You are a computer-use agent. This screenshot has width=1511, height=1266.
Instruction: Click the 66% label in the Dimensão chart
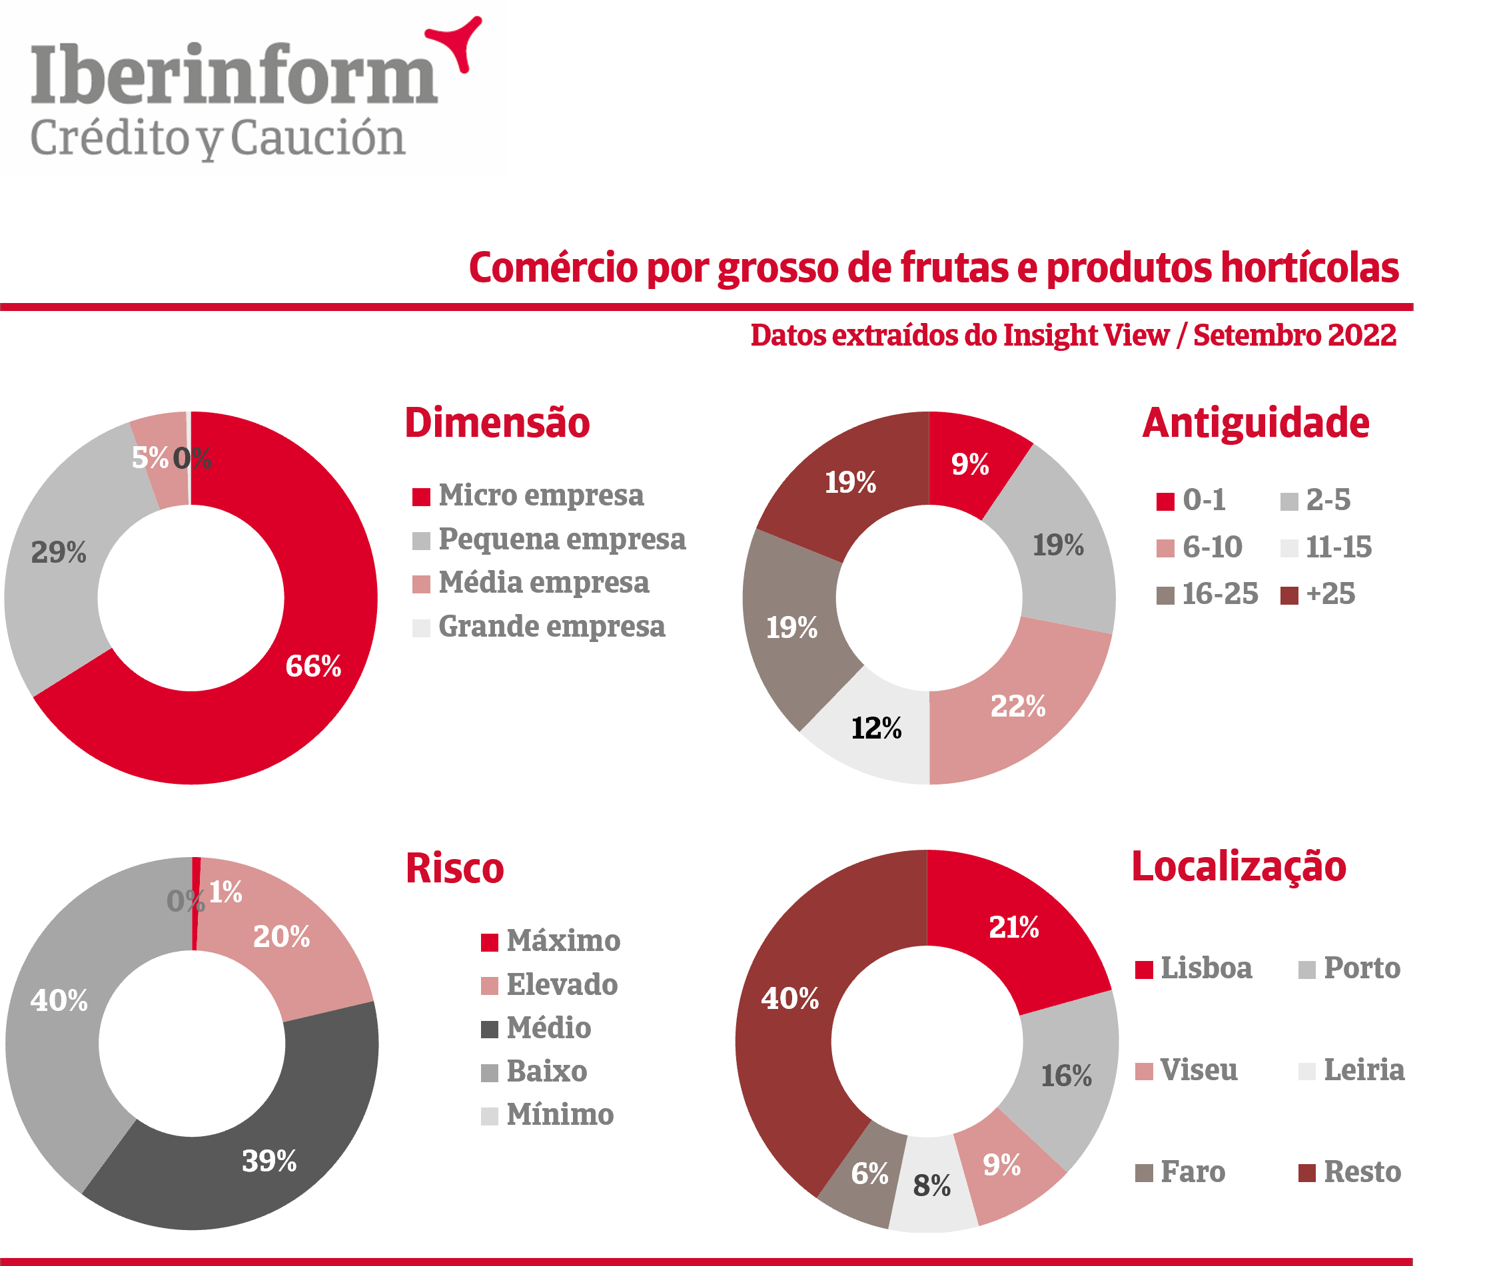313,666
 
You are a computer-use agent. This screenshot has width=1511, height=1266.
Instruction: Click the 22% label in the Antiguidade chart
1017,707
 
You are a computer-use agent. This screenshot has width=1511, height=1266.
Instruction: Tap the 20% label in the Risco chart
281,936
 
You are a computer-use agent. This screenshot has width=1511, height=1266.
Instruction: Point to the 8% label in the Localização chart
932,1185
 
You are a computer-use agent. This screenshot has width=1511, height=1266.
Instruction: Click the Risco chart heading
455,868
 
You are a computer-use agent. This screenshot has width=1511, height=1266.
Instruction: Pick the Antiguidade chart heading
1256,423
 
